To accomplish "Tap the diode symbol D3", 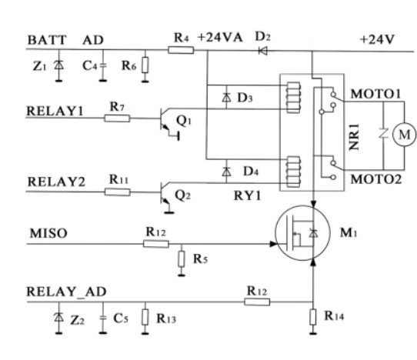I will click(x=225, y=98).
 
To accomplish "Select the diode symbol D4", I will click(x=225, y=169).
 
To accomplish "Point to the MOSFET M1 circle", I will click(x=306, y=233).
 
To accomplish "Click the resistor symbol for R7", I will click(x=118, y=118).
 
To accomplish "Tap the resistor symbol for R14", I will click(x=314, y=316).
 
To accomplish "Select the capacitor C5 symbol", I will click(x=102, y=317).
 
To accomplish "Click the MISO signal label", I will click(x=44, y=231).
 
